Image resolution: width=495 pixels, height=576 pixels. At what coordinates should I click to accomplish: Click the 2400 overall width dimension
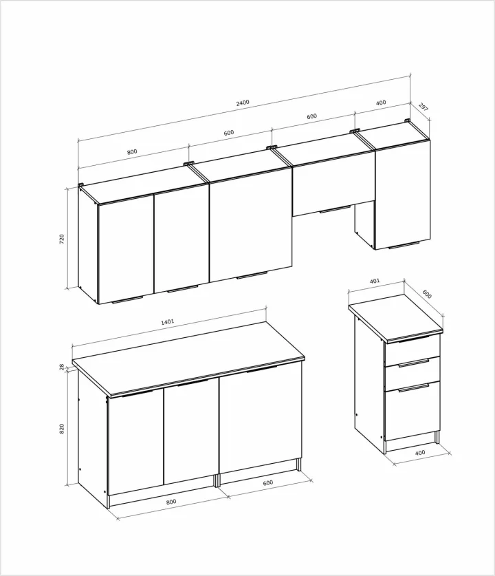click(x=243, y=102)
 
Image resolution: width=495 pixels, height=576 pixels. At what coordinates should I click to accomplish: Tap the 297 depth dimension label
click(x=423, y=107)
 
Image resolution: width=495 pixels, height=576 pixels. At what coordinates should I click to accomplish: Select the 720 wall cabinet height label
click(x=62, y=239)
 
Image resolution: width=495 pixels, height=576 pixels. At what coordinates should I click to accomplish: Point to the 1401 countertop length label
click(x=168, y=322)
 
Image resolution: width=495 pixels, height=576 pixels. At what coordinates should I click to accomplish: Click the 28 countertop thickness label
click(x=62, y=366)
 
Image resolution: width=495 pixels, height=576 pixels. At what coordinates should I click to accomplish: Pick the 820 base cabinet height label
click(x=62, y=429)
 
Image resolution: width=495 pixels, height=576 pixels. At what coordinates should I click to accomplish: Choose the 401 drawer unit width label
click(x=375, y=281)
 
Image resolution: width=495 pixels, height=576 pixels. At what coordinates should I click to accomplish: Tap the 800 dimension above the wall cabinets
click(x=132, y=151)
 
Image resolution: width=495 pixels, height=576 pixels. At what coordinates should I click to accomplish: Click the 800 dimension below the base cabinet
click(x=171, y=502)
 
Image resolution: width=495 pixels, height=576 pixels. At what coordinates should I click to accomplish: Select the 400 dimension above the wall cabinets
click(x=381, y=103)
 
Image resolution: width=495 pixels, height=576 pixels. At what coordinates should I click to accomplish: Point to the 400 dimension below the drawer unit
click(x=420, y=453)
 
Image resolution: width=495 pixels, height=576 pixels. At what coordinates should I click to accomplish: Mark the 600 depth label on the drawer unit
click(x=427, y=295)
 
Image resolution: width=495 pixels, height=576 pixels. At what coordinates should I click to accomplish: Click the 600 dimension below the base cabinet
click(x=268, y=482)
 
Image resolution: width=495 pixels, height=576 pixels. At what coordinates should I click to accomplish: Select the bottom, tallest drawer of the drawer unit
click(x=412, y=411)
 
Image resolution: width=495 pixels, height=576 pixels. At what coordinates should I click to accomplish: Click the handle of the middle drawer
click(x=414, y=363)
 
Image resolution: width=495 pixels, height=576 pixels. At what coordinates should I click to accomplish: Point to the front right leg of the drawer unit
click(x=437, y=437)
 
